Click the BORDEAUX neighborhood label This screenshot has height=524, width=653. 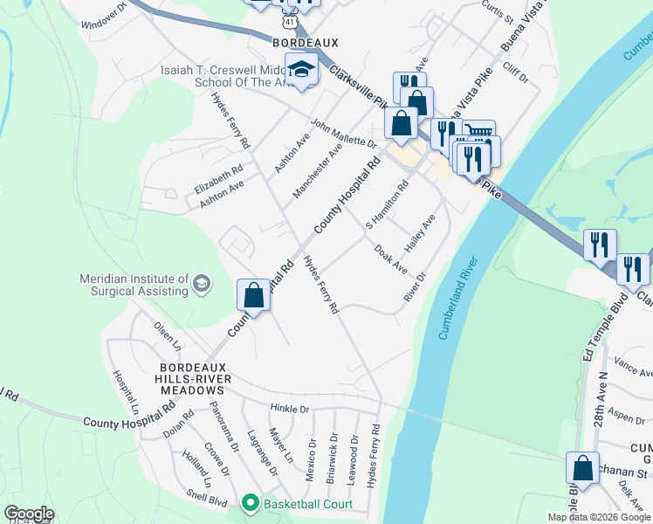point(305,42)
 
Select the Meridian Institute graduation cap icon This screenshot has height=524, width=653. point(202,283)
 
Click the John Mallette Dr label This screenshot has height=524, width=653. point(343,134)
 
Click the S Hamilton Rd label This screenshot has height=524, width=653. point(387,205)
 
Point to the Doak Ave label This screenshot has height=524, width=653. point(390,259)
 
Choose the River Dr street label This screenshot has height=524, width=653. point(414,287)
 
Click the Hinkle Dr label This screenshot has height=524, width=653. point(290,409)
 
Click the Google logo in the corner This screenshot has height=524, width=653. point(29,514)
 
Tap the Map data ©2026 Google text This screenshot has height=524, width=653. point(598,517)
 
